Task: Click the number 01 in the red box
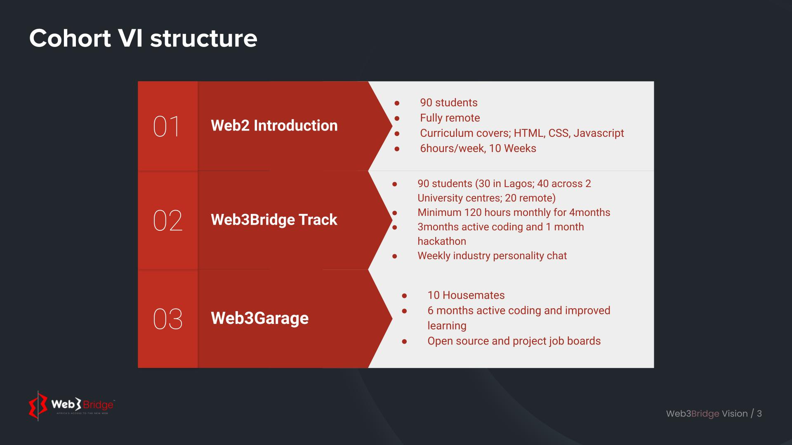coord(167,126)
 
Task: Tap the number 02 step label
coord(167,220)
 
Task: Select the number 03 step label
coord(167,319)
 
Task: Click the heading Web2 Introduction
coord(274,126)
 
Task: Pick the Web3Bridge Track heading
coord(274,220)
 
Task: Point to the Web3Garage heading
coord(260,318)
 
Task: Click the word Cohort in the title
coord(70,38)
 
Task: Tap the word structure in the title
coord(204,38)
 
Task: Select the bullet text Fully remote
coord(450,118)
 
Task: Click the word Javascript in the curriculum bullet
coord(599,133)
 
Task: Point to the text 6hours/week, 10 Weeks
coord(478,148)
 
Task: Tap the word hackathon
coord(442,241)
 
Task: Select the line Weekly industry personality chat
coord(492,256)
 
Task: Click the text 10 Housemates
coord(466,295)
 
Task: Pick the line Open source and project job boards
coord(514,341)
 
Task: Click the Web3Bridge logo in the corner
coord(71,405)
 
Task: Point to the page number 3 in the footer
coord(759,414)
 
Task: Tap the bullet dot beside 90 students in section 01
coord(397,103)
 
